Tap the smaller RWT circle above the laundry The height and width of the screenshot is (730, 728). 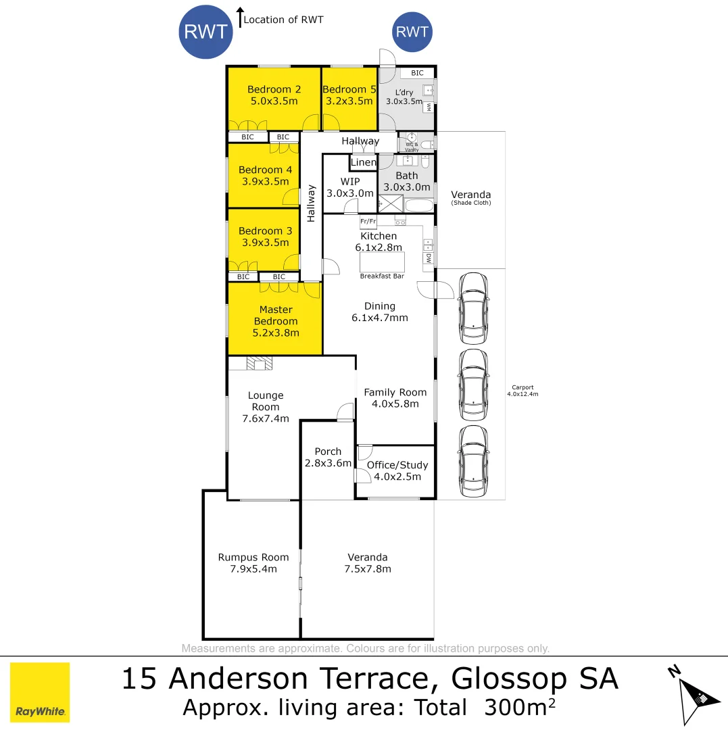(412, 32)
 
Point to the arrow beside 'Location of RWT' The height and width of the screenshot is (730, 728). (239, 18)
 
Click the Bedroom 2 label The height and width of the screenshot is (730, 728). (274, 89)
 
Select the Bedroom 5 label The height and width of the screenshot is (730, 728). (349, 89)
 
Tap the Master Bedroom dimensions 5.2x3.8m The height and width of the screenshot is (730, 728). (276, 333)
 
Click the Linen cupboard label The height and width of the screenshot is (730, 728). (363, 162)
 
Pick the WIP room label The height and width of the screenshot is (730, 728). (350, 181)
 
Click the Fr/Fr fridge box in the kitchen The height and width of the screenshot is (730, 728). (368, 222)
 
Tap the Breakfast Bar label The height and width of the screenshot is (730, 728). (382, 276)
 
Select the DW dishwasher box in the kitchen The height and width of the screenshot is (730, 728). (429, 258)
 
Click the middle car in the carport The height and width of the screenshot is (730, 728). (473, 385)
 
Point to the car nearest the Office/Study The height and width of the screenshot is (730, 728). (473, 462)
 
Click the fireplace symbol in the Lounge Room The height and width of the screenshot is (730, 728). (259, 364)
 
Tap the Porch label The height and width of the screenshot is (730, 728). (328, 452)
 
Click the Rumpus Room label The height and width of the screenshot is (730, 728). (253, 557)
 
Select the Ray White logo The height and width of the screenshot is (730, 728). (40, 692)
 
